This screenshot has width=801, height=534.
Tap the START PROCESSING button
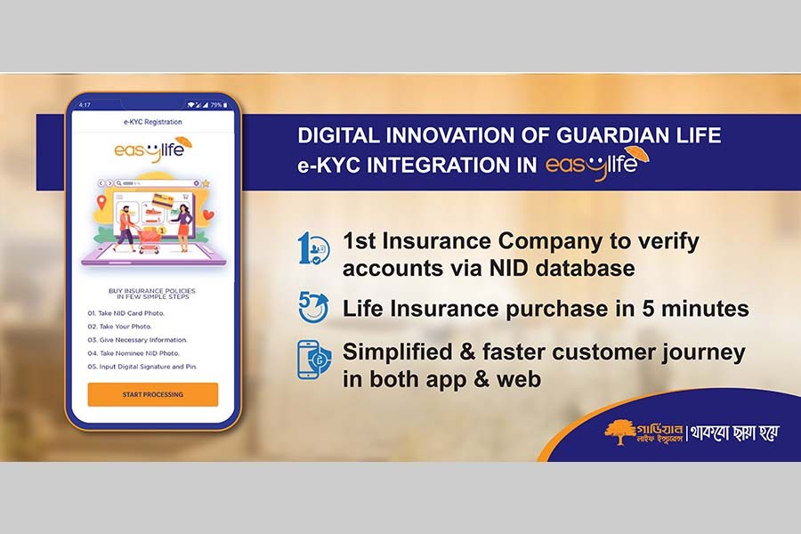coord(152,394)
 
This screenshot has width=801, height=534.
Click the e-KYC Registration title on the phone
coord(152,122)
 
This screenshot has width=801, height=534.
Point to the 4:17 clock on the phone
coord(85,105)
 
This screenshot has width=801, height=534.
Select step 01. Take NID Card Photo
coord(125,313)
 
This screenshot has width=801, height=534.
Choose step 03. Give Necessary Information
coord(137,340)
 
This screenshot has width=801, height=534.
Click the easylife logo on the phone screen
coord(152,150)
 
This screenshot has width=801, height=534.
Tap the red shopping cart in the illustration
coord(148,240)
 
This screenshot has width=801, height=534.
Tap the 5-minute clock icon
coord(312,308)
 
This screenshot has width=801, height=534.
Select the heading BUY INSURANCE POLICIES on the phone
coord(152,291)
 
